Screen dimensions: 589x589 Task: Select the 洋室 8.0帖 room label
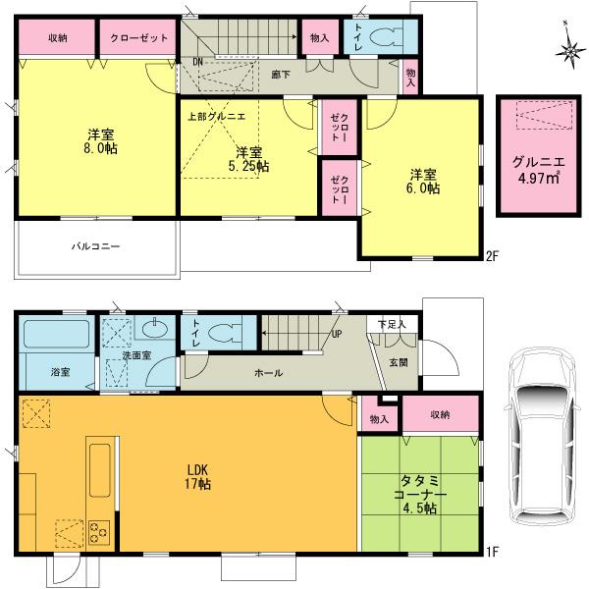coord(96,141)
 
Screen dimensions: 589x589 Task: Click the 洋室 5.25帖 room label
coord(248,159)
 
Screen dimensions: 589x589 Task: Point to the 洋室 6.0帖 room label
coord(424,182)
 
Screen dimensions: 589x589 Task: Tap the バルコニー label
coord(95,245)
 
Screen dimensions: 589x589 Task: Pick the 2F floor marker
coord(493,257)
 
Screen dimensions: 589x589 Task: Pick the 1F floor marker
coord(493,552)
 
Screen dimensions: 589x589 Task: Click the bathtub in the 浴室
coord(56,337)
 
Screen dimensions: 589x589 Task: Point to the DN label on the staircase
coord(197,62)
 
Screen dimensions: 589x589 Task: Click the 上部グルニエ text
coord(217,116)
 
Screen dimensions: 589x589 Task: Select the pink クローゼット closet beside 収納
coord(137,37)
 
